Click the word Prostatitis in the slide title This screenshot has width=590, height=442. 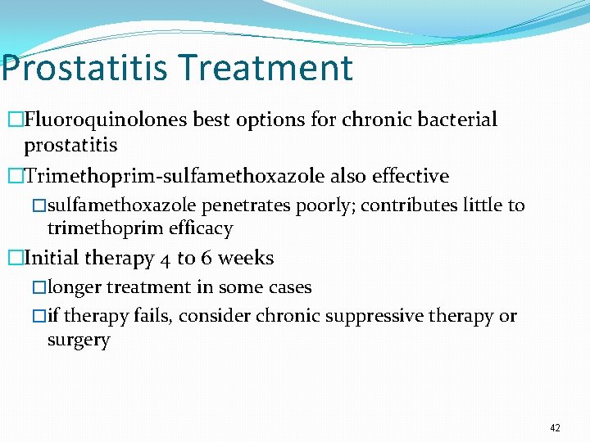pos(82,68)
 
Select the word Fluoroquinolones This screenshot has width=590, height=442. pos(106,120)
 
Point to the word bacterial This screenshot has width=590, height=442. pos(457,120)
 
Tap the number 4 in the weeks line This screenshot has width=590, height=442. pos(162,259)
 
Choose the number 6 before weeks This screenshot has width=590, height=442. pos(206,258)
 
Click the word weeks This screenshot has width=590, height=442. pos(246,258)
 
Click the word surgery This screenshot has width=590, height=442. pos(79,340)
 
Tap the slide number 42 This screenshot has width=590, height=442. pos(556,428)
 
